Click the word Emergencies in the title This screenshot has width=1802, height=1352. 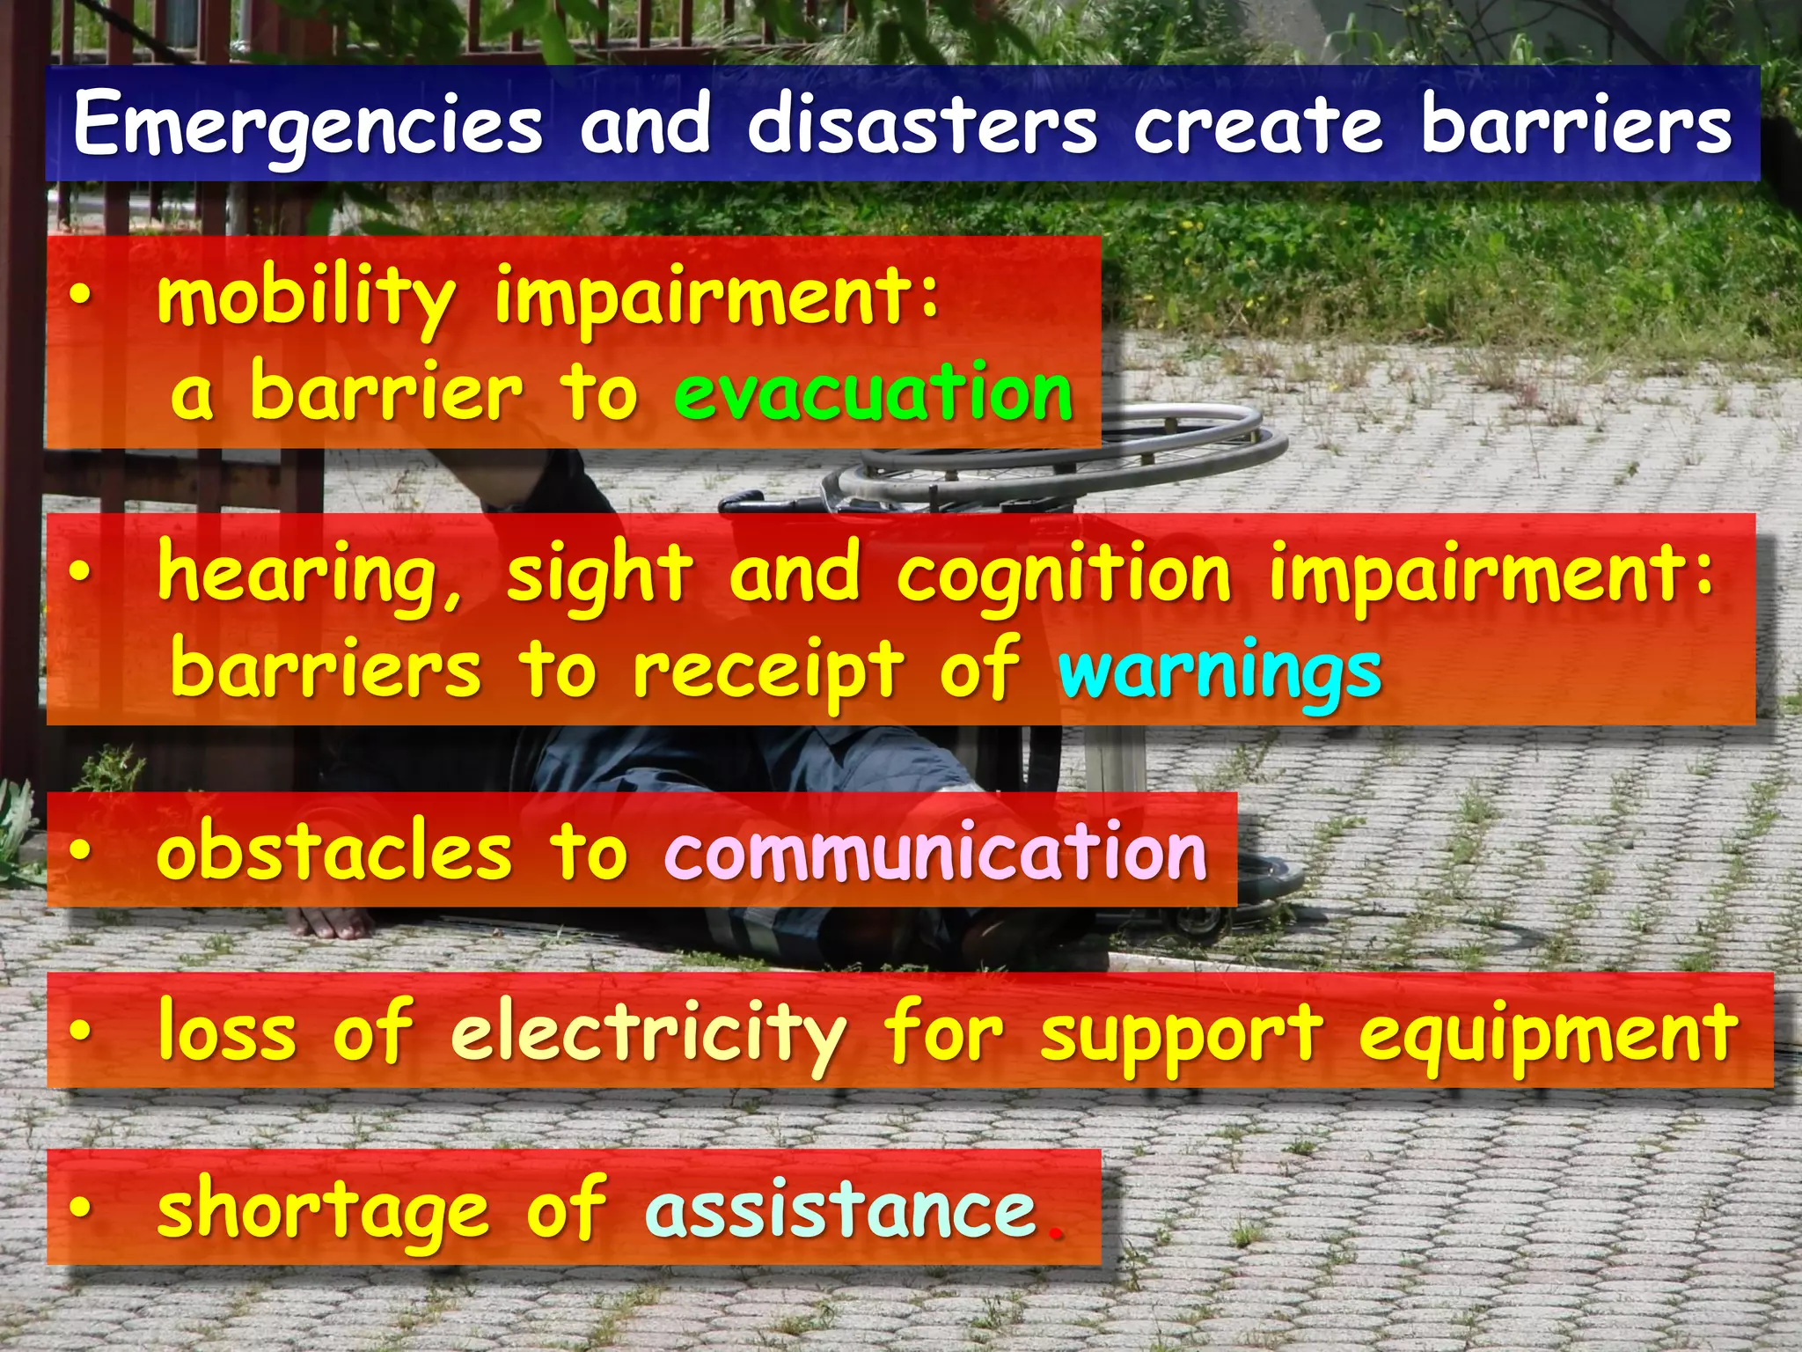click(308, 125)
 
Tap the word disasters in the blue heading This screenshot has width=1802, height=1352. click(921, 125)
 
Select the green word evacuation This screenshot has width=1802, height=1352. click(874, 393)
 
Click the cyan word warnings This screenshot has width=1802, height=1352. click(1220, 672)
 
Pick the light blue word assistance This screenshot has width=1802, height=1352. click(841, 1209)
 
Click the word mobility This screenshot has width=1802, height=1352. click(306, 298)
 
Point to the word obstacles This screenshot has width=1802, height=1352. click(333, 852)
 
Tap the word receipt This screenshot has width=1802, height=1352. click(767, 672)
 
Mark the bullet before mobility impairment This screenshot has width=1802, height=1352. click(80, 298)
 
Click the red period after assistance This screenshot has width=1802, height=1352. click(1054, 1232)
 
